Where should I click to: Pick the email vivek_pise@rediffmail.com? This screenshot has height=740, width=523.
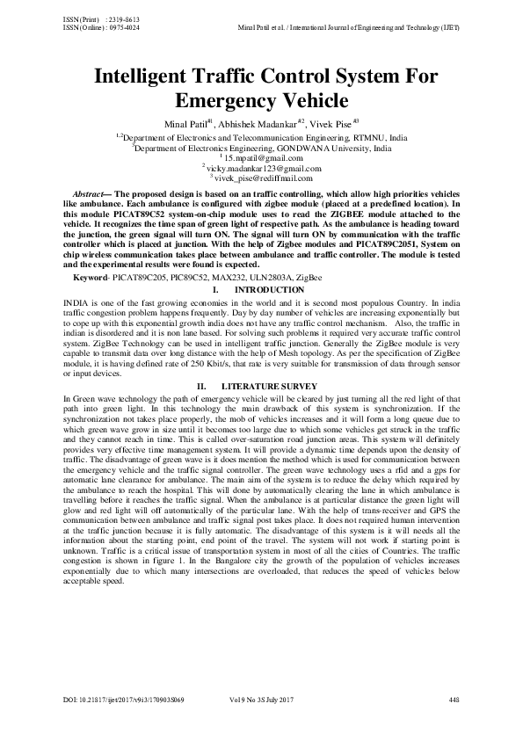[x=265, y=177]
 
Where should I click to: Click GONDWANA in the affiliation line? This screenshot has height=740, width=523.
[x=298, y=149]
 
